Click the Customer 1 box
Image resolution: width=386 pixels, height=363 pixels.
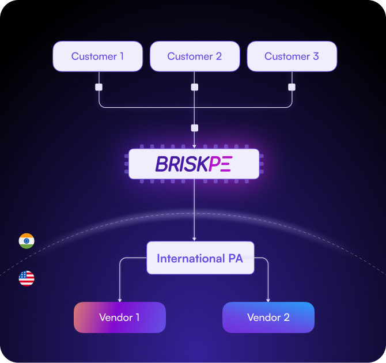pyautogui.click(x=97, y=56)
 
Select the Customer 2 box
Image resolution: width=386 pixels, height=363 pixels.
pyautogui.click(x=194, y=56)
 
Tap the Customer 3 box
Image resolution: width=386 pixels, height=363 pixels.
pyautogui.click(x=292, y=56)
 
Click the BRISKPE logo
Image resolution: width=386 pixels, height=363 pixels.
pyautogui.click(x=194, y=164)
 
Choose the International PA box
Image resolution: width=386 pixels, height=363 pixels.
pyautogui.click(x=200, y=258)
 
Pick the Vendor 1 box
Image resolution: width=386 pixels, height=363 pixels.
pyautogui.click(x=119, y=317)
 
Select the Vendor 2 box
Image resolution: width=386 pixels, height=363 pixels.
pyautogui.click(x=268, y=317)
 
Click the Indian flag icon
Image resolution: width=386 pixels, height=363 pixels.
pyautogui.click(x=27, y=241)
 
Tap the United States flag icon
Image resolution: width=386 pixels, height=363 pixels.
pyautogui.click(x=27, y=279)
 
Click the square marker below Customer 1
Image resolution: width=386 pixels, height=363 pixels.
pyautogui.click(x=99, y=87)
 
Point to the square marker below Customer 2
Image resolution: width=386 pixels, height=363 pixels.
pyautogui.click(x=194, y=87)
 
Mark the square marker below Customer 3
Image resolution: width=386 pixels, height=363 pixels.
pyautogui.click(x=292, y=87)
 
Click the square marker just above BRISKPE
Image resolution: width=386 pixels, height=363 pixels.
pyautogui.click(x=194, y=128)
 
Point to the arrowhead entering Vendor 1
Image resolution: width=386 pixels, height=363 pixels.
pyautogui.click(x=119, y=300)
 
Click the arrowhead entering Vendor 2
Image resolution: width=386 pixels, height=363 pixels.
pyautogui.click(x=268, y=300)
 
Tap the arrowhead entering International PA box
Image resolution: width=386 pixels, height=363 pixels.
pyautogui.click(x=194, y=239)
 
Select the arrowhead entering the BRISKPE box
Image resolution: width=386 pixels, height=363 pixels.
pyautogui.click(x=194, y=146)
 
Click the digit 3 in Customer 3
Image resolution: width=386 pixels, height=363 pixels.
pyautogui.click(x=316, y=56)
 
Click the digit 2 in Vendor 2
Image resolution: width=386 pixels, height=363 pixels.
pyautogui.click(x=286, y=317)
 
